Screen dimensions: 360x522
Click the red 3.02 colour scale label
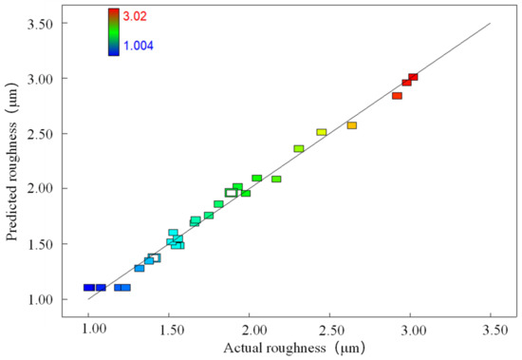pos(137,15)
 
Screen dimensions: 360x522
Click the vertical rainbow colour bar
pos(113,31)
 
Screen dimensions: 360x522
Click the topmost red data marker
pos(413,77)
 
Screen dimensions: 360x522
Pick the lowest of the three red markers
pos(397,96)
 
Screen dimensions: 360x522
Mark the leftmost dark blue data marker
pos(88,288)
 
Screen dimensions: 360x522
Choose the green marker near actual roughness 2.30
pos(299,149)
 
